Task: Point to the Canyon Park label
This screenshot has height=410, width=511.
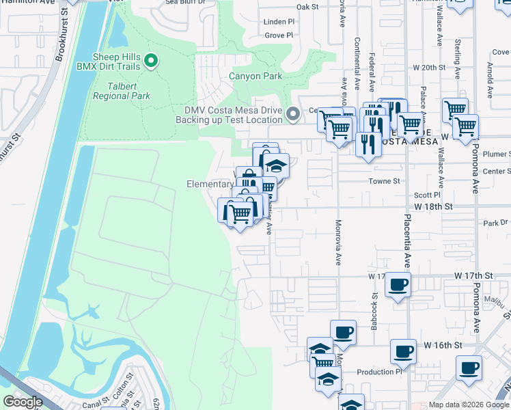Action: [x=255, y=77]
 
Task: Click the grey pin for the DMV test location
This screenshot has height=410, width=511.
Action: [x=293, y=114]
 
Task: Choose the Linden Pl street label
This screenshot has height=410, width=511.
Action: [x=279, y=22]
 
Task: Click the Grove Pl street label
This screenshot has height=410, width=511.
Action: [x=279, y=35]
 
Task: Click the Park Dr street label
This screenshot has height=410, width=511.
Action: [x=496, y=223]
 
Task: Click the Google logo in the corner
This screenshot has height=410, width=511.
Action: [x=23, y=402]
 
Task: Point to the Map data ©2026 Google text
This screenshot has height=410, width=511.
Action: [x=469, y=405]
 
